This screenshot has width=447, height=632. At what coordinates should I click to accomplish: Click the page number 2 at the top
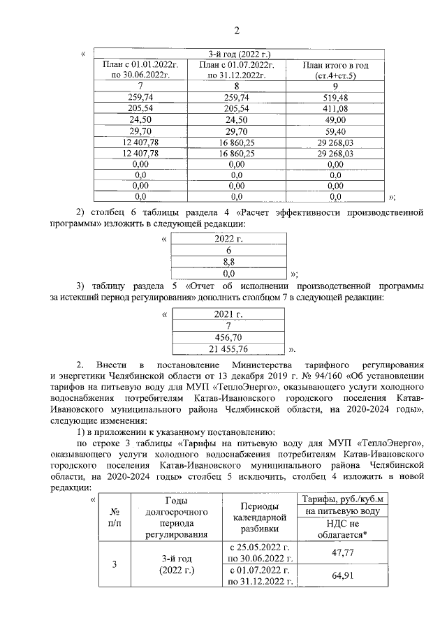236,29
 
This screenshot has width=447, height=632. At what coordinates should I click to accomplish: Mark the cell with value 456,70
228,336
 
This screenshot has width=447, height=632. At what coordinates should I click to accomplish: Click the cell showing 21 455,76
228,347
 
